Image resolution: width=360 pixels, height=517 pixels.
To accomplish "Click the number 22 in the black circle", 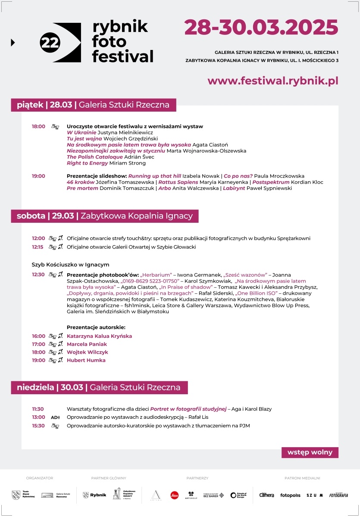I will pos(50,42).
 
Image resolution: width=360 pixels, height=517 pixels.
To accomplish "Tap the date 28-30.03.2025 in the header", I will pos(261,28).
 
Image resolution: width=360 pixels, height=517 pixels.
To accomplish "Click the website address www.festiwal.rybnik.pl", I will pos(272,81).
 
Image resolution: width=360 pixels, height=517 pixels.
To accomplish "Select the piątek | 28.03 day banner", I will pos(93,105).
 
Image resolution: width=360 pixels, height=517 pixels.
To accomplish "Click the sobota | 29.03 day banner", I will pos(105,216).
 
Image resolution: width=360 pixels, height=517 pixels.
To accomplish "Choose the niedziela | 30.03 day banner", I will pos(99,387).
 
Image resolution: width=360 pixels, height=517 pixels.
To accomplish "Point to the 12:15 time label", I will pos(38,247).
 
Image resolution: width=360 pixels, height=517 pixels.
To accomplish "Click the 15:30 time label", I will pos(38,426).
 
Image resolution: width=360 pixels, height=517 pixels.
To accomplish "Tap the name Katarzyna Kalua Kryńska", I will pos(99,336).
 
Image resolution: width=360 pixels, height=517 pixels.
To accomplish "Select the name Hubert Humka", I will pos(86,360).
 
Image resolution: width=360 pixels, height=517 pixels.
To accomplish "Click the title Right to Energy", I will pos(88,163).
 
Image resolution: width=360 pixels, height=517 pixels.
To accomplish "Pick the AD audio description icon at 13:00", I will pos(55,417).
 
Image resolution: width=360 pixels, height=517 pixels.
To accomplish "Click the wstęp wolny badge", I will pos(310,452).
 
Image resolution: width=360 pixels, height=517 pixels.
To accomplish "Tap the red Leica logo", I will pos(174,495).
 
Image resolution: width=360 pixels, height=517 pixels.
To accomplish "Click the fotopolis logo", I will pos(290,495).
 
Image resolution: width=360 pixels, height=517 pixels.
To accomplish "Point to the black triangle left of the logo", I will pos(13,42).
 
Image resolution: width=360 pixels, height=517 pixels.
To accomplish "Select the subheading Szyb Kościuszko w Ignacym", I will pos(70,265).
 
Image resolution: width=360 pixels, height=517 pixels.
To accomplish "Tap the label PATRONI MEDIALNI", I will pos(302,478).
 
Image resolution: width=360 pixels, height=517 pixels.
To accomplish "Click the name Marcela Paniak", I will pos(87,344).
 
